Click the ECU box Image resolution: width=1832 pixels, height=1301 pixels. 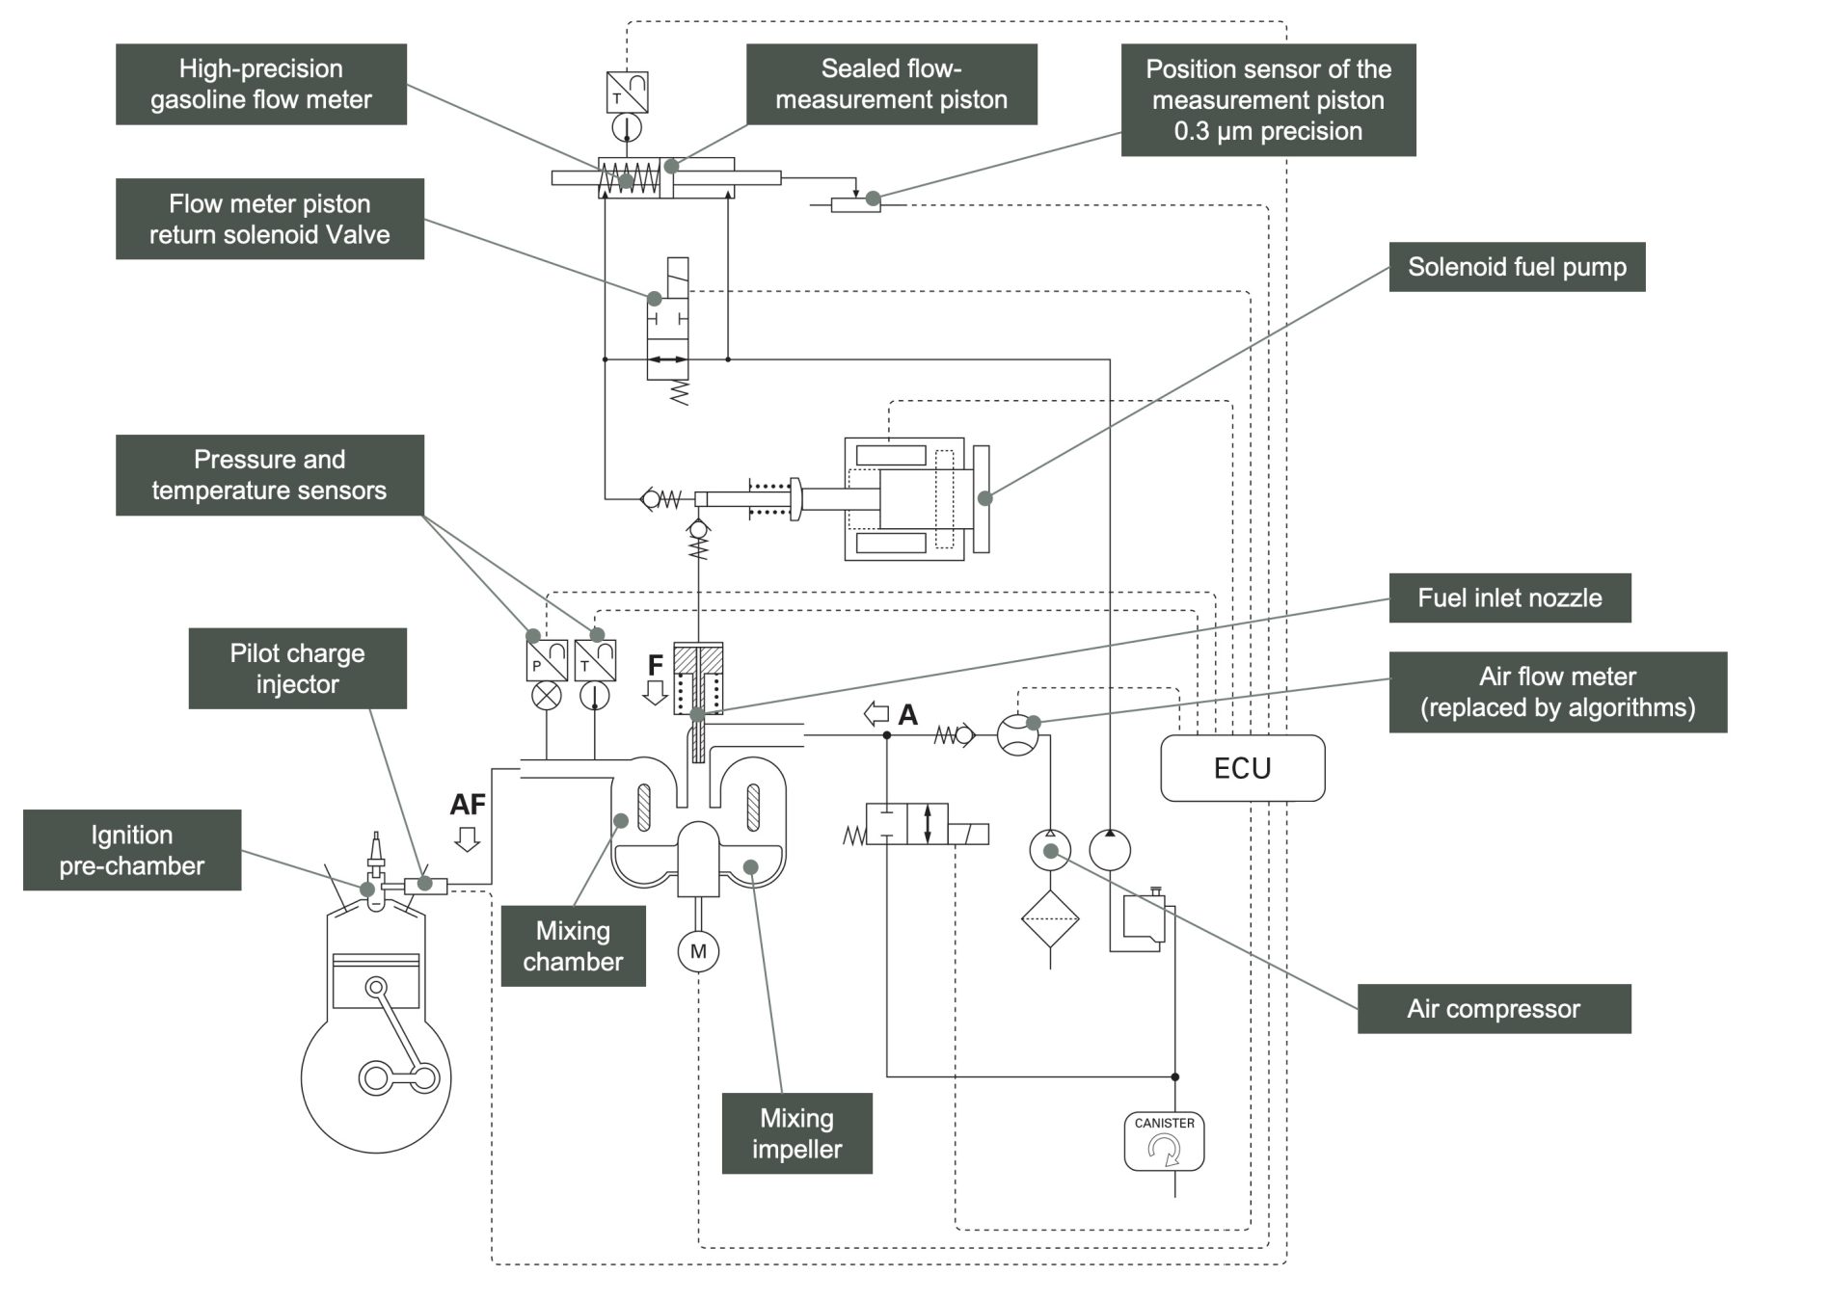tap(1242, 768)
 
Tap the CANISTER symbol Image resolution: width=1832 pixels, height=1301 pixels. tap(1164, 1142)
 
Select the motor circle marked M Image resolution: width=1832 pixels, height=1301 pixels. tap(698, 951)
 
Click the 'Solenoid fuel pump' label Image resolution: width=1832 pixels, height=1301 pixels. tap(1516, 267)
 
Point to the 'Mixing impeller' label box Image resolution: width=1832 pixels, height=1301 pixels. tap(796, 1133)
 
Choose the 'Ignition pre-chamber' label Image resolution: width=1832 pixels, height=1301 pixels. tap(132, 850)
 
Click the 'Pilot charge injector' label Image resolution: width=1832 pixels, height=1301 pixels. tap(297, 669)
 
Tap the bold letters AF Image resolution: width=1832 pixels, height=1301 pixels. tap(468, 804)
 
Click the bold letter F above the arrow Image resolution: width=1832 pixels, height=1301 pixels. tap(656, 665)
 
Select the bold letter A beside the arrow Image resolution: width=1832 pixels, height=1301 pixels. tap(907, 715)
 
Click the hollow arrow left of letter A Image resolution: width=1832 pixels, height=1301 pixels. tap(876, 714)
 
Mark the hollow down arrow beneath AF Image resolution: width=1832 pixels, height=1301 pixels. tap(468, 839)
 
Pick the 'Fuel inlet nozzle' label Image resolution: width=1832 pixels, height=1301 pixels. tap(1509, 597)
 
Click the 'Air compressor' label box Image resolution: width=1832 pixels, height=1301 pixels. tap(1494, 1009)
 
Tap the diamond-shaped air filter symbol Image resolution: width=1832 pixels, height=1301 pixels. tap(1050, 918)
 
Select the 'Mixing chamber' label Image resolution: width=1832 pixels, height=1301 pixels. tap(573, 946)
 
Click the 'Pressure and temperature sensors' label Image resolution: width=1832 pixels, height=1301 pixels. tap(269, 475)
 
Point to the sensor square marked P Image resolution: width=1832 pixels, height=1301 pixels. tap(546, 660)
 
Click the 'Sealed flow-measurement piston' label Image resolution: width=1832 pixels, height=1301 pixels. tap(891, 84)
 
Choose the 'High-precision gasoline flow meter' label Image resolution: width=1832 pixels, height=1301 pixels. tap(260, 84)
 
